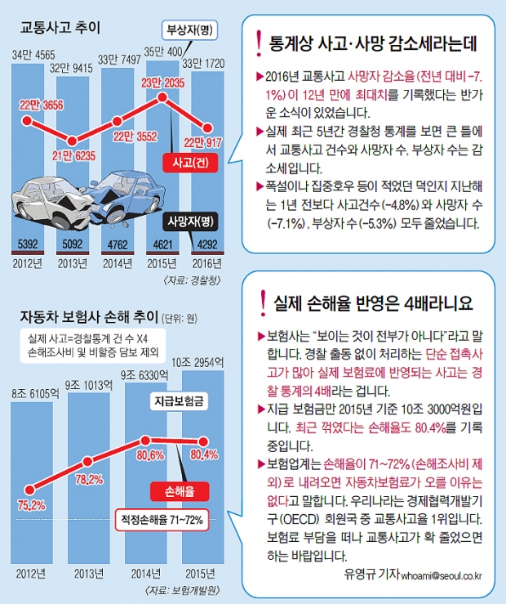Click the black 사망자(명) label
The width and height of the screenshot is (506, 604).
189,220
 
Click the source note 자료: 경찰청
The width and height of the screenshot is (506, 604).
195,280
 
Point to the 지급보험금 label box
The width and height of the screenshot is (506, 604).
179,401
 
